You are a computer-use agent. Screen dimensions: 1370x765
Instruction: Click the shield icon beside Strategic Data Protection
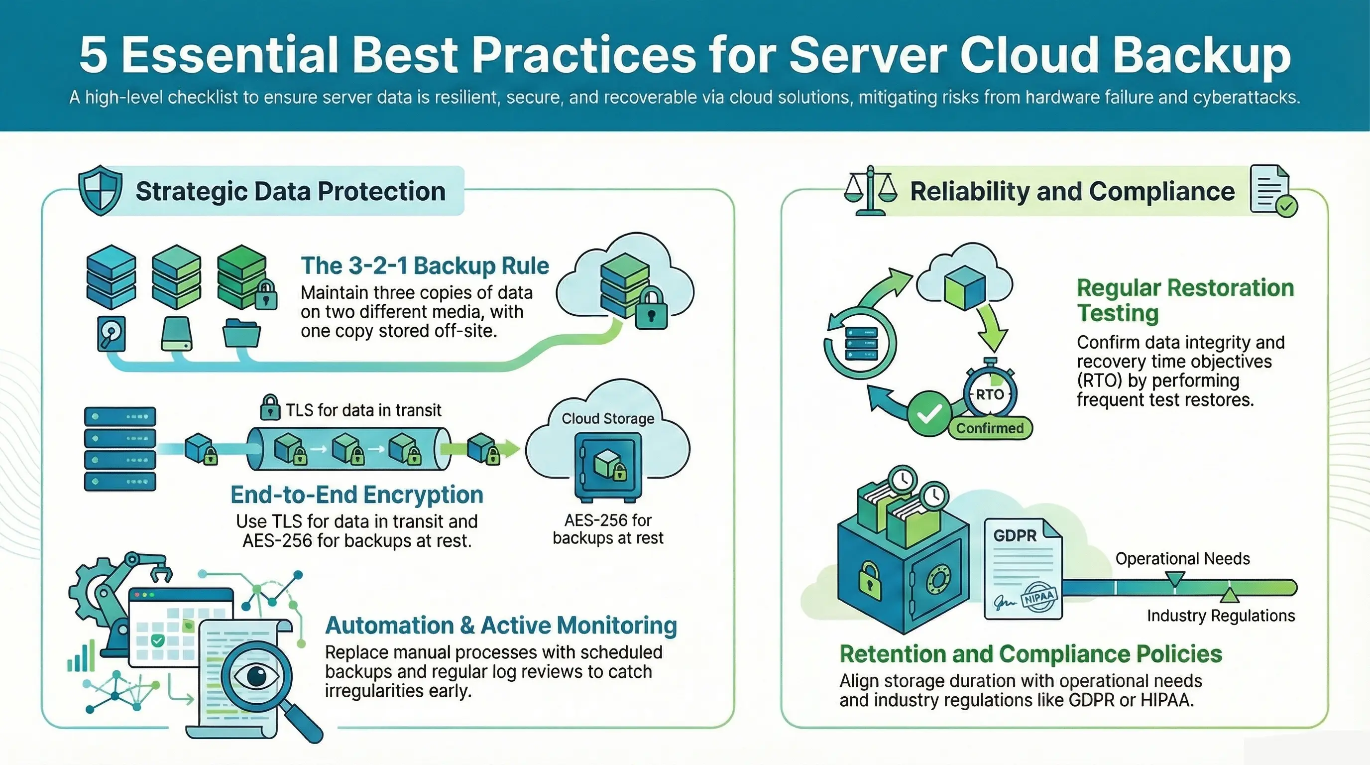(100, 190)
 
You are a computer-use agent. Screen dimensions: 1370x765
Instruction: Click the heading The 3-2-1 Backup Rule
(425, 265)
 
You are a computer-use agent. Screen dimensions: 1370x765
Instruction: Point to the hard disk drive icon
(112, 334)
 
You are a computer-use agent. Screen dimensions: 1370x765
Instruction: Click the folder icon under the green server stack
(241, 333)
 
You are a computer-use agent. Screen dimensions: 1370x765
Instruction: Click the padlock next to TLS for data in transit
(270, 407)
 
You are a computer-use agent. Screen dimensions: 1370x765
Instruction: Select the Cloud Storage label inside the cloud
(608, 419)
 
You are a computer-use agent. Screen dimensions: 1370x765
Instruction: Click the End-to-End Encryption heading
(357, 495)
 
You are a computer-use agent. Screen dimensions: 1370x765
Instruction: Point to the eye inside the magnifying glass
(256, 676)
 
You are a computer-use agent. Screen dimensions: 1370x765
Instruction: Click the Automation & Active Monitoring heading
(501, 626)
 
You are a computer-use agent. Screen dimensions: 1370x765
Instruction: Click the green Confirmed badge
(990, 428)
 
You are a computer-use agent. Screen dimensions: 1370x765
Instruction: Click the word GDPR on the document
(1015, 536)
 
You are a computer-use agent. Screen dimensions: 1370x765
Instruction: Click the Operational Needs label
(1183, 559)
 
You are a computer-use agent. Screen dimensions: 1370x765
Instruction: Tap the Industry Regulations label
(1221, 616)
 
